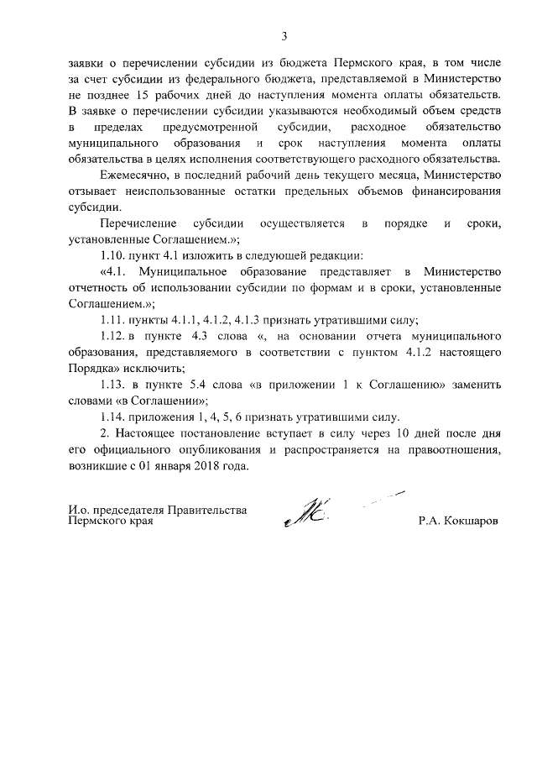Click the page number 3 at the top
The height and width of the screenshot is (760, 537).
(284, 36)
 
